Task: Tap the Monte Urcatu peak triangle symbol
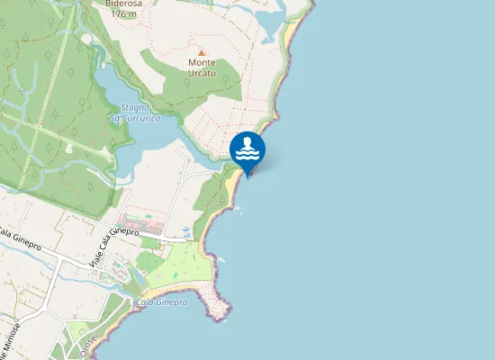(x=202, y=52)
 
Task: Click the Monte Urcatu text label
(x=202, y=67)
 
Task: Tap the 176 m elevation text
(x=121, y=13)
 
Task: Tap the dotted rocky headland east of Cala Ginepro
(x=216, y=303)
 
